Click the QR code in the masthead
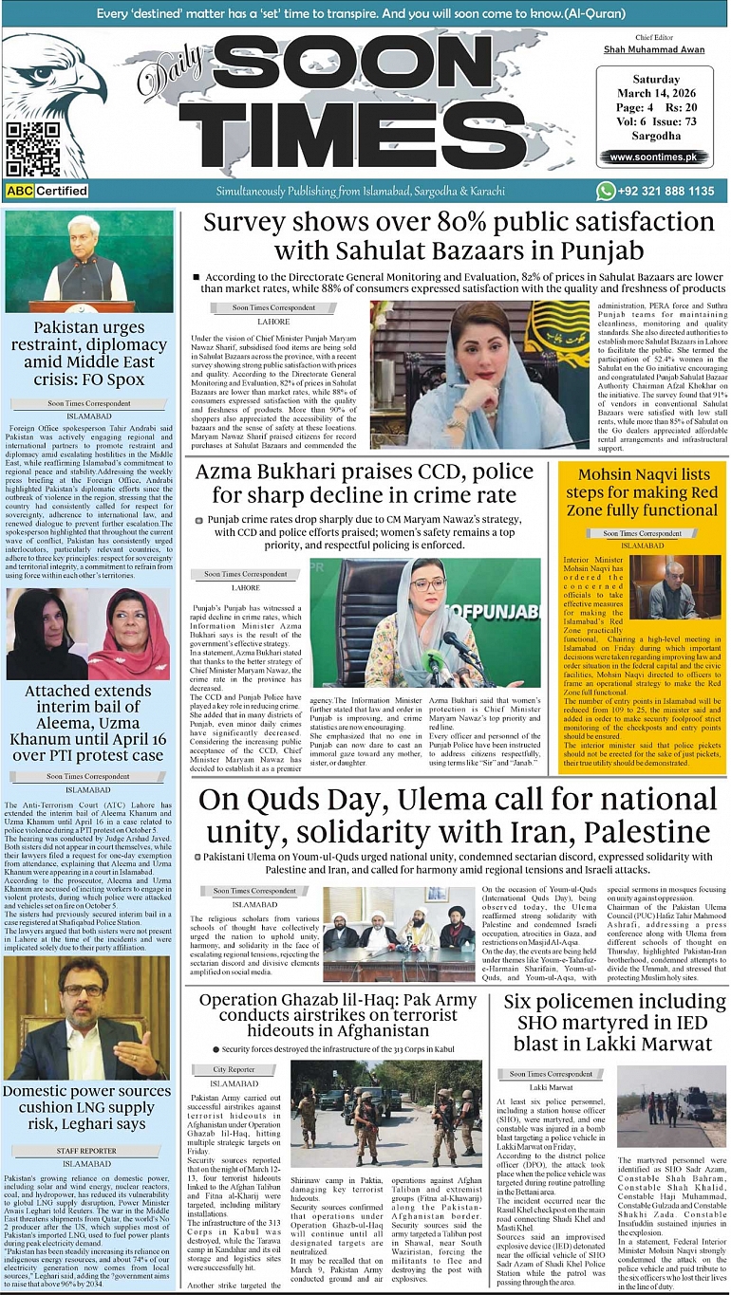31,149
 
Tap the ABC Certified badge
47,191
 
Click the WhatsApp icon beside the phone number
606,191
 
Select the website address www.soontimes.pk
653,157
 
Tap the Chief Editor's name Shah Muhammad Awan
653,48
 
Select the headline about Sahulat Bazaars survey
459,236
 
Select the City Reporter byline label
234,1070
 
